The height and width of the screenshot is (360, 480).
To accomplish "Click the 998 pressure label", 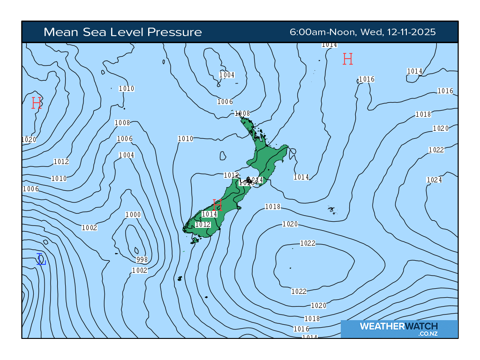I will [142, 260].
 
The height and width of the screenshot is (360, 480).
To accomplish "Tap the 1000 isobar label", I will [133, 215].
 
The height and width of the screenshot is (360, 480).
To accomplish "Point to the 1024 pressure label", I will [434, 180].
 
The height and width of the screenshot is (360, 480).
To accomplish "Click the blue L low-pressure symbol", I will [41, 259].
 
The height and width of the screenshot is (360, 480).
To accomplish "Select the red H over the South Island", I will [217, 205].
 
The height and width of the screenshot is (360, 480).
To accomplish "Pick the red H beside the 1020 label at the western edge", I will [37, 103].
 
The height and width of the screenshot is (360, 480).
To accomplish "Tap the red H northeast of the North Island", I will [347, 59].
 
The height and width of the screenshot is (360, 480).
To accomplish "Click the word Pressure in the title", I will [174, 32].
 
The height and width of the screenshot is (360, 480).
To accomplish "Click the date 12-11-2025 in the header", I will [411, 32].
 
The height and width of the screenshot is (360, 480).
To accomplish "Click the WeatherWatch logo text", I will [399, 326].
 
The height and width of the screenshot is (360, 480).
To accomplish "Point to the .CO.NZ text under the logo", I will [428, 334].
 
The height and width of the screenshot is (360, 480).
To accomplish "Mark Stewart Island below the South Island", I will [194, 240].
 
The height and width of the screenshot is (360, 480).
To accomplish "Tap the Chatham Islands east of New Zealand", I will [332, 210].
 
